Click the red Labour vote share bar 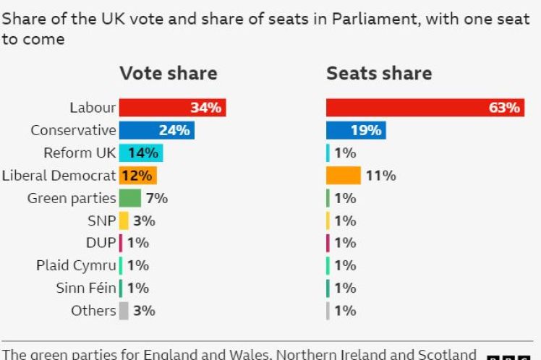point(172,108)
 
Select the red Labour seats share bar point(425,108)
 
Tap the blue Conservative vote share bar point(156,130)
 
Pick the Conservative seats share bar point(355,130)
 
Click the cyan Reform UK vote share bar point(140,153)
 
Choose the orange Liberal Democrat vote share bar point(137,175)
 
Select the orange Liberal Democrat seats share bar point(343,175)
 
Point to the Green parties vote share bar point(129,198)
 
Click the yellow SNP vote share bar point(124,220)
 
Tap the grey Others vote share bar point(124,311)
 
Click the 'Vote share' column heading point(168,73)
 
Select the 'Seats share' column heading point(379,73)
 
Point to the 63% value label point(504,108)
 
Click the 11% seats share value point(380,175)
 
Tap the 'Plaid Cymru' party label point(76,265)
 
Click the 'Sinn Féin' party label point(85,288)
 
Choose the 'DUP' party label point(101,243)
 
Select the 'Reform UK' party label point(79,153)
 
